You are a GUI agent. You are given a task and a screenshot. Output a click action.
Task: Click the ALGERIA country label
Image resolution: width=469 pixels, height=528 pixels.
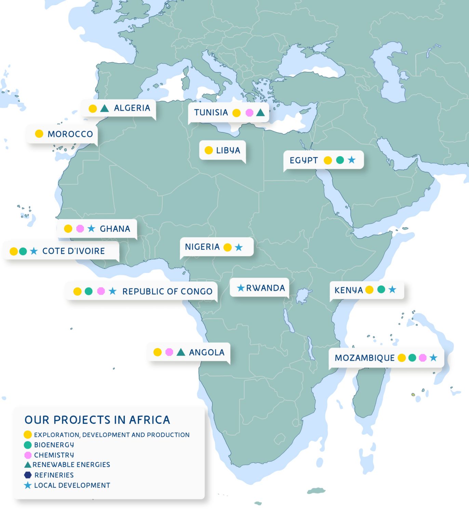tap(132, 108)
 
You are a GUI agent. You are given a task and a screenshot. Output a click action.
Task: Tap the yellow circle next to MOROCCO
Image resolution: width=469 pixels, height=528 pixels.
tap(39, 134)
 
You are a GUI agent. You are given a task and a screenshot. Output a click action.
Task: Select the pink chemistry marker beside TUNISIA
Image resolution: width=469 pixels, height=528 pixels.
tap(250, 113)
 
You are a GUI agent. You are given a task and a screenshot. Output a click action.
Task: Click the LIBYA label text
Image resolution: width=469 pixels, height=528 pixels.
tap(228, 151)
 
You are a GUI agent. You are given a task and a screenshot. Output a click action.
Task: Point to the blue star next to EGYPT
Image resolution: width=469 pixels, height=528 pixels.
tap(351, 160)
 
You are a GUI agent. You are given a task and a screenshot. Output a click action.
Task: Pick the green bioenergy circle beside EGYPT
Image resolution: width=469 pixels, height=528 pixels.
tap(340, 160)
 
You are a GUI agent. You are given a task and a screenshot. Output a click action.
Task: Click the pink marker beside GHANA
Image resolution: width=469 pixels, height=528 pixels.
tap(80, 229)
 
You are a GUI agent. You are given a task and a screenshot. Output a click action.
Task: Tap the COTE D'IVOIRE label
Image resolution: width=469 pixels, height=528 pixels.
tap(73, 251)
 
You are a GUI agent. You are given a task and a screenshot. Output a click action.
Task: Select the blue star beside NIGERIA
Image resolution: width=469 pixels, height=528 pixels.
tap(239, 247)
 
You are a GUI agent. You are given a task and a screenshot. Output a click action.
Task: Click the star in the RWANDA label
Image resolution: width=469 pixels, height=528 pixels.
tap(241, 288)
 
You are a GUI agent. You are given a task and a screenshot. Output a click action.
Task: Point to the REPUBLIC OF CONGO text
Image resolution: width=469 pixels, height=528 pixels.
tap(167, 291)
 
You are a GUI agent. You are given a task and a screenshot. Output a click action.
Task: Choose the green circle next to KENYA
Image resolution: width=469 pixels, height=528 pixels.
tap(381, 290)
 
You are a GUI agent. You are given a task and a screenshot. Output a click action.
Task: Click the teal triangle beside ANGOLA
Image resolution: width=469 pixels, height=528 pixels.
tap(181, 352)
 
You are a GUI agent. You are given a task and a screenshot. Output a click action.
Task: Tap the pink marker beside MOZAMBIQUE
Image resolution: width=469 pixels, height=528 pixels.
tap(423, 358)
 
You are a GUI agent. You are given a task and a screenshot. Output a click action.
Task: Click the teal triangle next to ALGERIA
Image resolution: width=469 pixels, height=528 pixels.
tap(105, 109)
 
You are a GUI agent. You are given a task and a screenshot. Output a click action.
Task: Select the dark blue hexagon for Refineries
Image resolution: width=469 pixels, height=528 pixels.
tap(28, 475)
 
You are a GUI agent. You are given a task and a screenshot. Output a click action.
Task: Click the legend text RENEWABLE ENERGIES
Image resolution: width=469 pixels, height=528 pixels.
tap(71, 465)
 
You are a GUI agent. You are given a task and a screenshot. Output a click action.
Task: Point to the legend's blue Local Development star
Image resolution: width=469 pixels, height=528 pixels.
tap(28, 485)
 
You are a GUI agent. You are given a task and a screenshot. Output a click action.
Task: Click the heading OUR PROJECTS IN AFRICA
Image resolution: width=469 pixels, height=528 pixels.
tap(97, 420)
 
